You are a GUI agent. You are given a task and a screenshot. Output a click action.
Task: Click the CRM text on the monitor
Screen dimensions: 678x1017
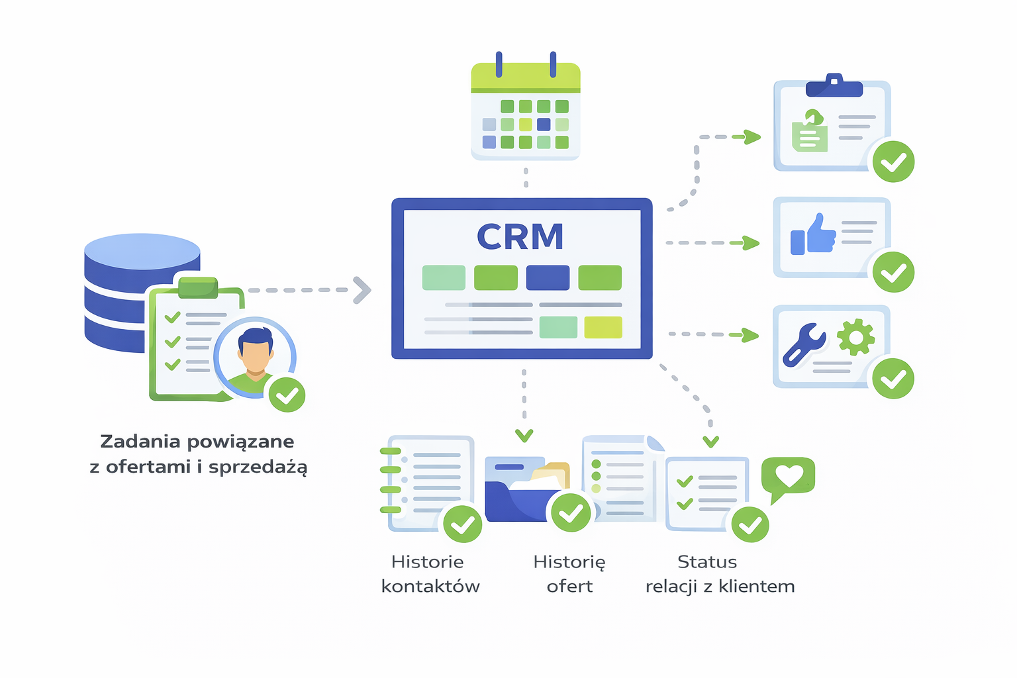point(520,236)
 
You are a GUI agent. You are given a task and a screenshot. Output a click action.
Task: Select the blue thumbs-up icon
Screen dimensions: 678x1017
point(813,235)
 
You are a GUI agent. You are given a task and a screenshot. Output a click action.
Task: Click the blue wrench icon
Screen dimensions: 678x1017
point(804,344)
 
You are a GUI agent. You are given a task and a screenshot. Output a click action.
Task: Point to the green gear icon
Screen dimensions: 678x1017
point(855,337)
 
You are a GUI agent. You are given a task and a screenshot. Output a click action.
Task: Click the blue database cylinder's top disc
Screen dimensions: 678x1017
point(142,251)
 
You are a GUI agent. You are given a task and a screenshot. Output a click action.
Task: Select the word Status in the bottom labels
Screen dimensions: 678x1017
point(707,562)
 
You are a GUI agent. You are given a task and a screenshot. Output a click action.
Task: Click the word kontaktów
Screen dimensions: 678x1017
point(430,587)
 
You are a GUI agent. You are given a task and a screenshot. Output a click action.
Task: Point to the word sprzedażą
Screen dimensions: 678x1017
point(258,467)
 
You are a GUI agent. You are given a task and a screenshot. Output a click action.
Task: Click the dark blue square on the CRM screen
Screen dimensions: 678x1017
point(548,278)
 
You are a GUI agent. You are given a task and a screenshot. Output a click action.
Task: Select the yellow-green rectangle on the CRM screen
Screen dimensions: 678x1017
point(603,327)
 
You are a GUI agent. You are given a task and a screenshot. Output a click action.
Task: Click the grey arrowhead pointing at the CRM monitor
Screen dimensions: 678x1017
point(362,290)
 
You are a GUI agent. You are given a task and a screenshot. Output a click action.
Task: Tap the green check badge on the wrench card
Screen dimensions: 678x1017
point(893,379)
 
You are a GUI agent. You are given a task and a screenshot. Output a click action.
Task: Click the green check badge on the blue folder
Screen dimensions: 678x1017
point(571,512)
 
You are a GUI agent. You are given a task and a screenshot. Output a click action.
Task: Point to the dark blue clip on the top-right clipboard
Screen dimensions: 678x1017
point(834,87)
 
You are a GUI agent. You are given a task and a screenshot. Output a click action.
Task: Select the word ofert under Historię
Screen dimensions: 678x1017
point(569,587)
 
